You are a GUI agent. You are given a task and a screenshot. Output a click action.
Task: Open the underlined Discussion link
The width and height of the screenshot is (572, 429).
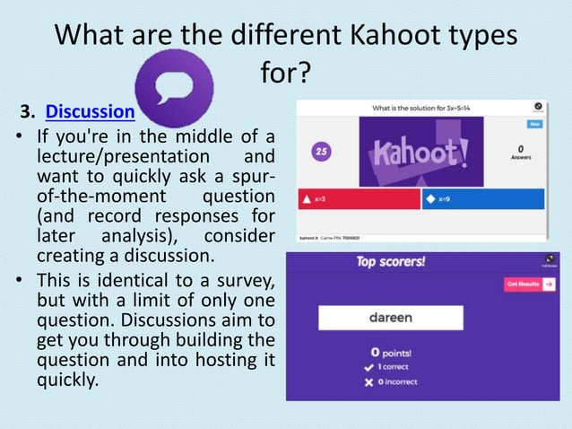click(90, 112)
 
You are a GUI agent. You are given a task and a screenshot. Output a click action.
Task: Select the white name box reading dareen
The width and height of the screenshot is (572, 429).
click(391, 318)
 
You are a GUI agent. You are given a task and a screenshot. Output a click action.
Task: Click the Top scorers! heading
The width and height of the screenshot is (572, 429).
click(390, 263)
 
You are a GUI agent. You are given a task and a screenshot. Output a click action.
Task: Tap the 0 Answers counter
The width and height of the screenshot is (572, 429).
click(520, 153)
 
